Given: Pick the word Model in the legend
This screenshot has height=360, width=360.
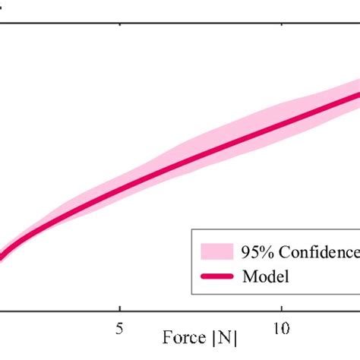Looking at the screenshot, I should pyautogui.click(x=265, y=276).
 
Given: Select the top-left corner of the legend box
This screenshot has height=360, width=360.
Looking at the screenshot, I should pyautogui.click(x=191, y=234).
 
